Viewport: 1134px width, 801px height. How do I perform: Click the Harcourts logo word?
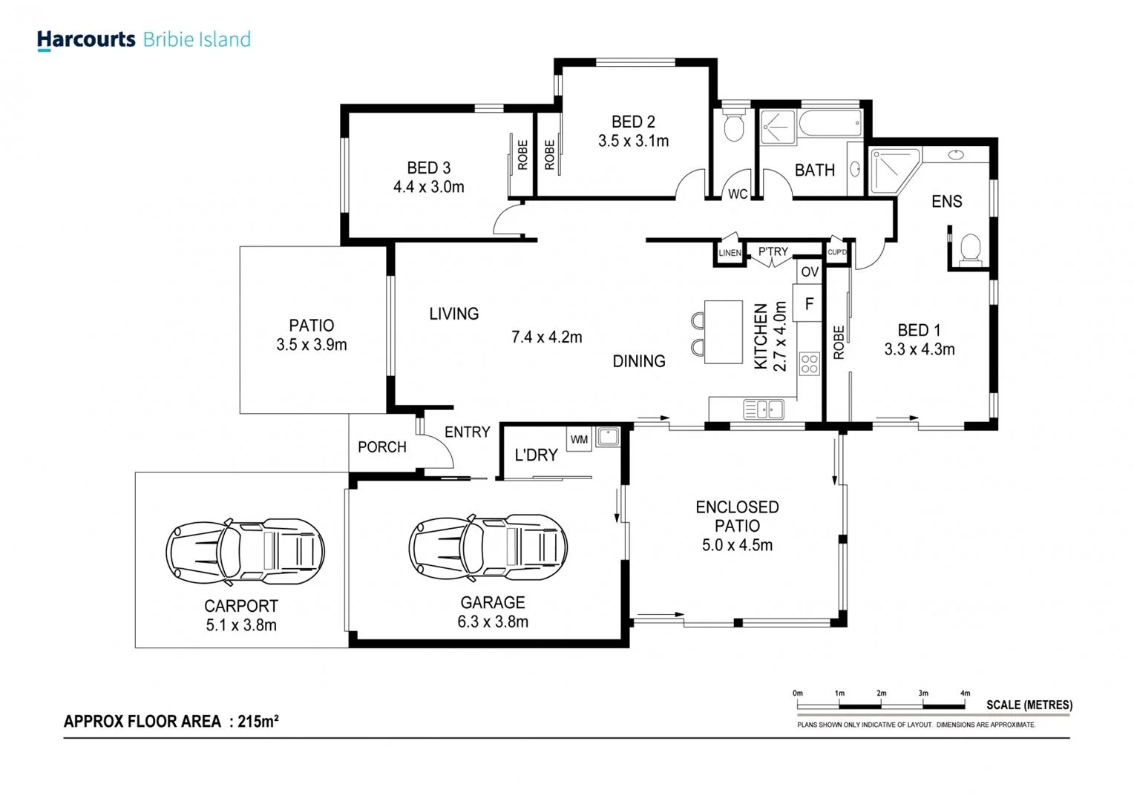click(86, 39)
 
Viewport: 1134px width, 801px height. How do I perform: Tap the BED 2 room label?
click(633, 122)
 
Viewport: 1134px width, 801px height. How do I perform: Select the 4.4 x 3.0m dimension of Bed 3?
click(428, 187)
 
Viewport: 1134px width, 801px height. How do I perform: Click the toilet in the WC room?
click(733, 127)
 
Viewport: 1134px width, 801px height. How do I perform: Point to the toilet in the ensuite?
click(970, 249)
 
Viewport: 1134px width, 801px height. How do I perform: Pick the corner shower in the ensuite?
click(892, 171)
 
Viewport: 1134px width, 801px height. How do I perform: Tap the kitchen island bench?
click(723, 332)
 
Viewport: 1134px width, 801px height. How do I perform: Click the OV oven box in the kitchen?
click(810, 271)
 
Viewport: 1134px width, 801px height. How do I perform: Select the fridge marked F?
click(809, 303)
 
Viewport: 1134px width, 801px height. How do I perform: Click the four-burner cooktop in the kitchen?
click(809, 364)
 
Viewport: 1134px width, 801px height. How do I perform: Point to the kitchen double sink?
click(764, 409)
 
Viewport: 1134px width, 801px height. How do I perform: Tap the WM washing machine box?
click(579, 439)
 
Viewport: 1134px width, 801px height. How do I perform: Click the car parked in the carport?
click(245, 550)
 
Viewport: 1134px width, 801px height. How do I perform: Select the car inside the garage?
click(488, 548)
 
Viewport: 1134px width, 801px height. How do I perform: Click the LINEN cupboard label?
click(730, 253)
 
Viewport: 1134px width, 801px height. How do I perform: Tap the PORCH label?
click(381, 447)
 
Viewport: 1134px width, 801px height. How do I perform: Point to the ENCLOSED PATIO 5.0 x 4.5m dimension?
click(737, 545)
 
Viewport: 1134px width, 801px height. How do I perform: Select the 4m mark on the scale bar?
click(965, 693)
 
